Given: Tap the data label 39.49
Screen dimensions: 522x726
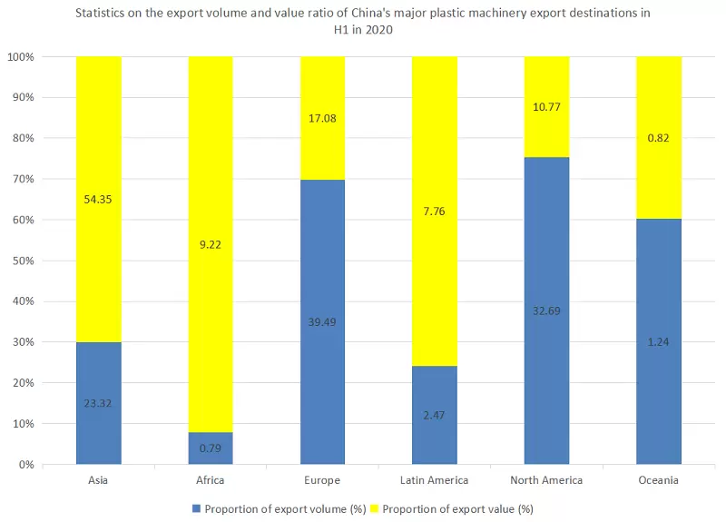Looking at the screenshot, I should click(x=322, y=321).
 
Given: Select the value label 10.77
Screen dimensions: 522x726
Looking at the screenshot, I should click(x=546, y=107).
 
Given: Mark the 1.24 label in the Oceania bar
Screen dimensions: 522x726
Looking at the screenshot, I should click(x=659, y=341).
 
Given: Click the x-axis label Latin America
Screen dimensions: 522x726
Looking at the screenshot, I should click(x=435, y=480).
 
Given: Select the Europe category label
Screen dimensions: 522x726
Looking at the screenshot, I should click(x=322, y=480).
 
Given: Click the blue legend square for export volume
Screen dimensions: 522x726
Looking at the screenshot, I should click(x=196, y=508).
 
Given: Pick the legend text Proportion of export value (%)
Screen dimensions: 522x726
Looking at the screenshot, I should click(x=457, y=508).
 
